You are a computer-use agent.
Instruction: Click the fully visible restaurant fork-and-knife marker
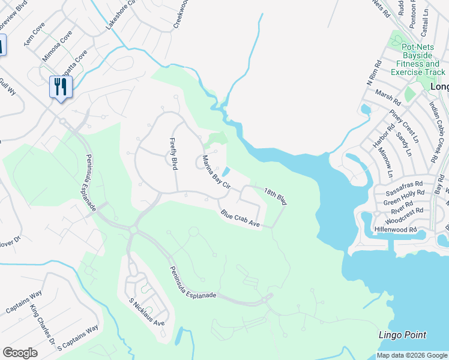click(x=61, y=87)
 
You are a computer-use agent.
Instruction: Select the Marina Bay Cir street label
click(x=216, y=172)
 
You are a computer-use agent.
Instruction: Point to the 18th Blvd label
click(x=276, y=196)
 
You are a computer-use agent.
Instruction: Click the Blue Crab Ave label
click(x=240, y=218)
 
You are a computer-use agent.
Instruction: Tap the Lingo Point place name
click(x=402, y=335)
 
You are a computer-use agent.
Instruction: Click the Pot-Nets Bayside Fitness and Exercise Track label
click(x=418, y=59)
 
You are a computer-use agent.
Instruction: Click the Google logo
click(x=20, y=353)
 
